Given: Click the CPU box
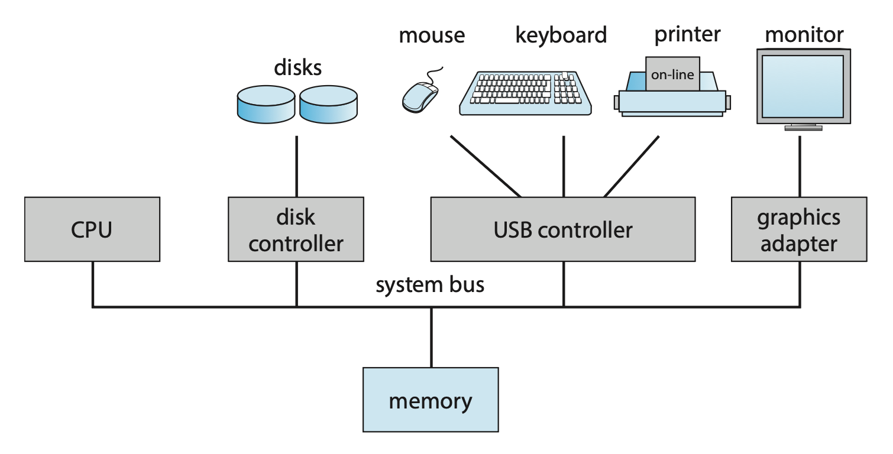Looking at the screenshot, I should tap(92, 229).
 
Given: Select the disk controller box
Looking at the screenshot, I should tap(296, 229).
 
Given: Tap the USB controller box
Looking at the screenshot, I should tap(562, 229).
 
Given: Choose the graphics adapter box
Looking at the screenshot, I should tap(798, 229).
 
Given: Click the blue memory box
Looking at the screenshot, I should tap(430, 400).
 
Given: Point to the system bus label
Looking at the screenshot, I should tap(430, 286).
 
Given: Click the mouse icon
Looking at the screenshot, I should tap(420, 96).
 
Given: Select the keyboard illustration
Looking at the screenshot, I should tap(526, 93).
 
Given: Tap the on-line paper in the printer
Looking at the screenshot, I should tap(672, 74).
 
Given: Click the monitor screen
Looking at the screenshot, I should tap(803, 85).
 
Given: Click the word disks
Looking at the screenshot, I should tap(297, 67).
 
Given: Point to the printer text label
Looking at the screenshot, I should tap(687, 34).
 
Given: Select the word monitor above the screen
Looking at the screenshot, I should tap(804, 34).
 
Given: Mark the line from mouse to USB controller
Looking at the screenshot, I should tap(485, 166).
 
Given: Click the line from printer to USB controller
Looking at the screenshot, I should tap(632, 166).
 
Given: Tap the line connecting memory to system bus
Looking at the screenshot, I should tap(431, 337).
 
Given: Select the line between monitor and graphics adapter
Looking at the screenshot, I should tap(800, 166).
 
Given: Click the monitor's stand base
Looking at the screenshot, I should tap(803, 127).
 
